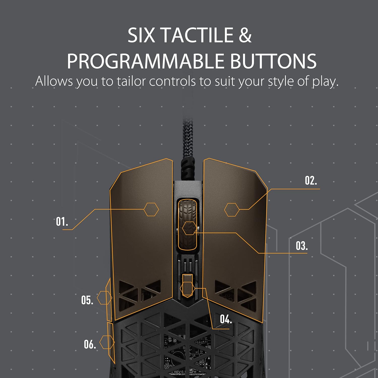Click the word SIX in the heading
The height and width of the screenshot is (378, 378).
(x=141, y=35)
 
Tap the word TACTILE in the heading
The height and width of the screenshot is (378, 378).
(x=197, y=35)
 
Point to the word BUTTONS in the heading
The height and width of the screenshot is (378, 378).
(x=273, y=61)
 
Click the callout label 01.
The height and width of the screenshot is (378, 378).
(x=62, y=222)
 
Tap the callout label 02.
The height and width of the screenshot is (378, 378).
(x=311, y=181)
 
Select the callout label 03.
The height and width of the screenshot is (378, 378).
(x=302, y=246)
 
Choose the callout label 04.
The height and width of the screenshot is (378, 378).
(x=226, y=320)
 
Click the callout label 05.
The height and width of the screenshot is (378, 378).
(x=87, y=300)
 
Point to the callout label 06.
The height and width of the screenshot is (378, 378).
(x=90, y=344)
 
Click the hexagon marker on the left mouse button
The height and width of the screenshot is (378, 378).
(x=151, y=209)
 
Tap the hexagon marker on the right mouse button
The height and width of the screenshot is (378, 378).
(x=232, y=209)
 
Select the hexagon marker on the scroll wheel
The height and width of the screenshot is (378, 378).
(x=190, y=228)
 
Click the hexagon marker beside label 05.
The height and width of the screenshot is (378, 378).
(x=104, y=298)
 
